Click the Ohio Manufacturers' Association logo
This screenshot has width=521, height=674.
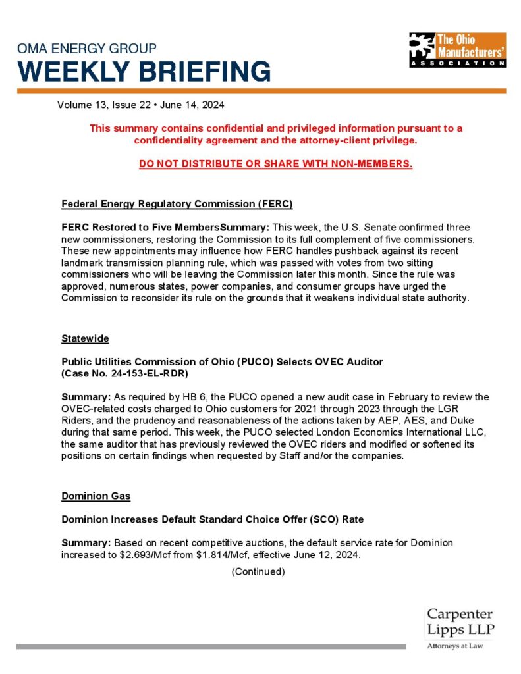(457, 49)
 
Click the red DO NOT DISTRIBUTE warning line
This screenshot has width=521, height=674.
(275, 164)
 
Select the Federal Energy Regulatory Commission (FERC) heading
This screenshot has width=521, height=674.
(177, 203)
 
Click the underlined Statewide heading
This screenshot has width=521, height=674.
(85, 338)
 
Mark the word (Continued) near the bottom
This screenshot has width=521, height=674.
(258, 571)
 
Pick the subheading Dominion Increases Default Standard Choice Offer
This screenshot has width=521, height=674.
(212, 519)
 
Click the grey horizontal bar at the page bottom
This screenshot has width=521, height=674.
(211, 646)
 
